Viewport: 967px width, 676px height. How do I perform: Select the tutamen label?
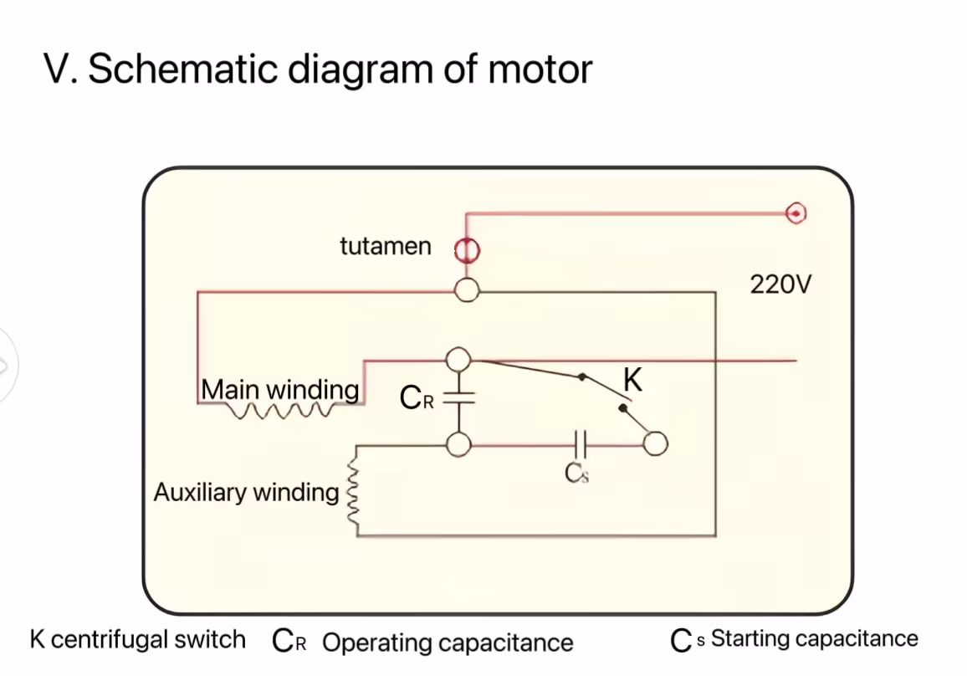[x=386, y=247]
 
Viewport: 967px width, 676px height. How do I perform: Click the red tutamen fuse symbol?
[x=467, y=249]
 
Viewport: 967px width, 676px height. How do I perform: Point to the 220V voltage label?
[x=780, y=285]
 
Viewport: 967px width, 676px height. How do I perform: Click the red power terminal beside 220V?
[x=796, y=214]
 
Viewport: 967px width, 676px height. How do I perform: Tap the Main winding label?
[x=280, y=390]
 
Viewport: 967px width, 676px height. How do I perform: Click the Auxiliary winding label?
[x=246, y=492]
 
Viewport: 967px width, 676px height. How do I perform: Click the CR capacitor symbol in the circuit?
[x=458, y=399]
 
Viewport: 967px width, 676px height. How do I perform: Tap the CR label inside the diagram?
[x=417, y=398]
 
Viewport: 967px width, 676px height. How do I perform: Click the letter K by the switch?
[x=633, y=381]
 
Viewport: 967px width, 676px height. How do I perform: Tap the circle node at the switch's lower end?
[x=655, y=444]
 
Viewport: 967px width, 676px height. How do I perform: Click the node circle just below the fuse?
[x=467, y=290]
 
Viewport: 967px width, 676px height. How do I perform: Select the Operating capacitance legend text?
[x=448, y=643]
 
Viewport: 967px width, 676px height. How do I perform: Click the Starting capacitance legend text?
[x=814, y=639]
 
